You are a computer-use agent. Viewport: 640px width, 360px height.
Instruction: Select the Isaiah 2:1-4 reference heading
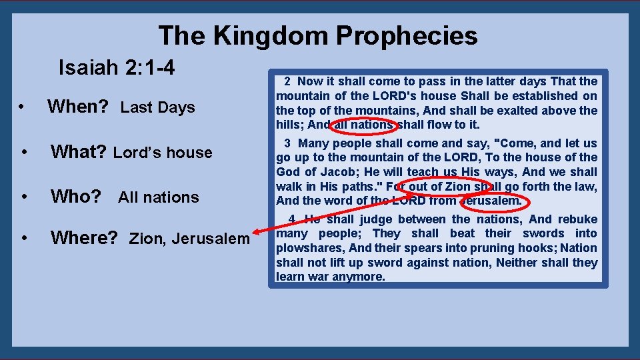pyautogui.click(x=117, y=67)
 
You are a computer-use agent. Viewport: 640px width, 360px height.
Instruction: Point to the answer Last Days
pyautogui.click(x=157, y=107)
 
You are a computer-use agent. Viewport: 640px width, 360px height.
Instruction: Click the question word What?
pyautogui.click(x=79, y=152)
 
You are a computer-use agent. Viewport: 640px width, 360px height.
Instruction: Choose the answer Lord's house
pyautogui.click(x=163, y=153)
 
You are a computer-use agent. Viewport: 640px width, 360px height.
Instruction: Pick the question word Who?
pyautogui.click(x=76, y=197)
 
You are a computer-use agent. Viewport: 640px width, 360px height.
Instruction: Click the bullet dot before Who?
pyautogui.click(x=23, y=197)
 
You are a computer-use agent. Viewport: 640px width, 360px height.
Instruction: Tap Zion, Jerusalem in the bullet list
pyautogui.click(x=189, y=238)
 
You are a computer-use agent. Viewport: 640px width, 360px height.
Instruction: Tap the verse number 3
pyautogui.click(x=287, y=143)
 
